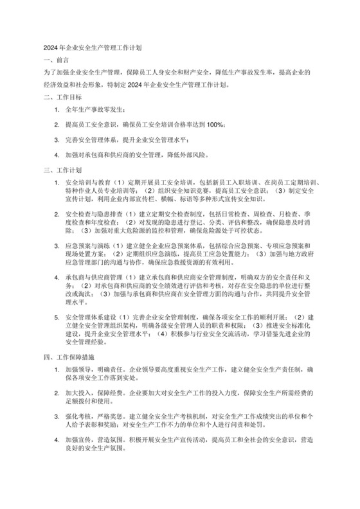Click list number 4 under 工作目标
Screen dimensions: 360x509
pyautogui.click(x=57, y=155)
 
